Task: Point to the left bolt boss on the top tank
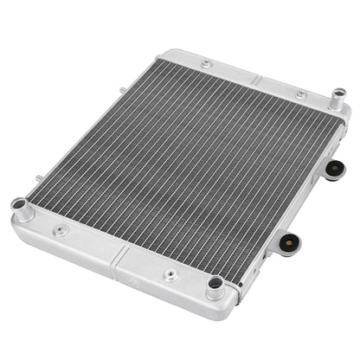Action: tap(205, 64)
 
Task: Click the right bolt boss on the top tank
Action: tap(299, 93)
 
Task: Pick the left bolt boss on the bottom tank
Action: tap(60, 231)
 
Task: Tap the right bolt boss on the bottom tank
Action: tap(170, 276)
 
